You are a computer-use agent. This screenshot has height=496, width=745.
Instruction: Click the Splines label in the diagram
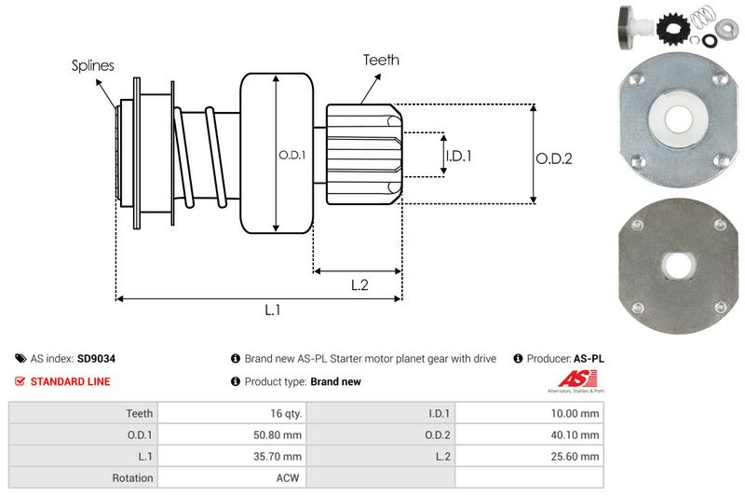(x=93, y=65)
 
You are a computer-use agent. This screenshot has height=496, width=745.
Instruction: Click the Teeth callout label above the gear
(x=381, y=60)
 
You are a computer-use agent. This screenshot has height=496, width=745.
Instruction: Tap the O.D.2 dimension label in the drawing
(x=553, y=158)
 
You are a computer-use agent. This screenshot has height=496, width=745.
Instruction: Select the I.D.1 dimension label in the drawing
(x=458, y=156)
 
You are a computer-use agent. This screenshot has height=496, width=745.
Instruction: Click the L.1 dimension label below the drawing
(x=273, y=310)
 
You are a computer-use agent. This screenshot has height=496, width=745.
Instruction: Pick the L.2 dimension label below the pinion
(x=360, y=285)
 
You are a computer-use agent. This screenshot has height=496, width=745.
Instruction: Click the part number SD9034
(x=96, y=358)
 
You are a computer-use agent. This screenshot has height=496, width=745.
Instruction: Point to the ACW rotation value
(x=290, y=478)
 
